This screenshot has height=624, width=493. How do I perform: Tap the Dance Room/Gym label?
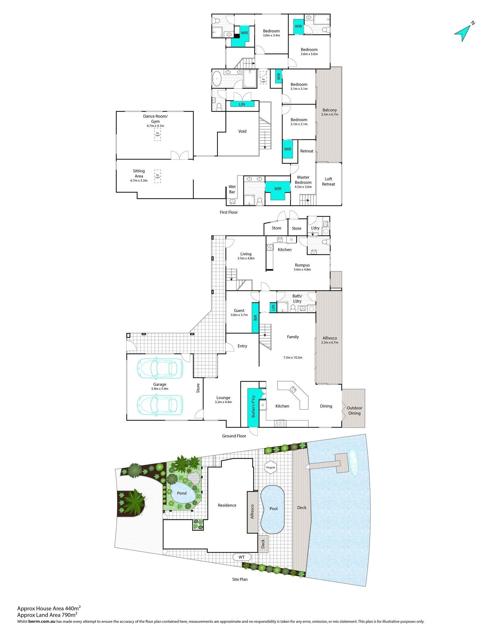[x=155, y=119]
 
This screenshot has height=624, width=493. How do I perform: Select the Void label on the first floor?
[x=242, y=131]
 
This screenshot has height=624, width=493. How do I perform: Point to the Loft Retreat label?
[x=328, y=181]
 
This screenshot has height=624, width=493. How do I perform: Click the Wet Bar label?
[x=232, y=189]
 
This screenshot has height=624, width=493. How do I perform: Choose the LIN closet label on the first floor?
[x=242, y=104]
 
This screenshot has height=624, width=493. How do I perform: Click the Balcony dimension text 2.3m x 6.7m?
[x=330, y=114]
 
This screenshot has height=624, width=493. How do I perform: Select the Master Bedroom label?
[x=303, y=180]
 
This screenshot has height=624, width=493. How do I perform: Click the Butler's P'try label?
[x=253, y=407]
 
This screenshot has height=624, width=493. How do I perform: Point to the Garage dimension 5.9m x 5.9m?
[x=159, y=389]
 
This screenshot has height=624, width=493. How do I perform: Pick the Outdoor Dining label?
[x=355, y=410]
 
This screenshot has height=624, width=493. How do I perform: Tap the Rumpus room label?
[x=302, y=265]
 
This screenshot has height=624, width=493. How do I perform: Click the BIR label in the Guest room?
[x=255, y=318]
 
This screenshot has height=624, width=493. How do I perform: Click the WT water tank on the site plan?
[x=242, y=557]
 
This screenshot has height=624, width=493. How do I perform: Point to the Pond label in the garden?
[x=182, y=493]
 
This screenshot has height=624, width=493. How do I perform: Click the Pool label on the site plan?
[x=274, y=508]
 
